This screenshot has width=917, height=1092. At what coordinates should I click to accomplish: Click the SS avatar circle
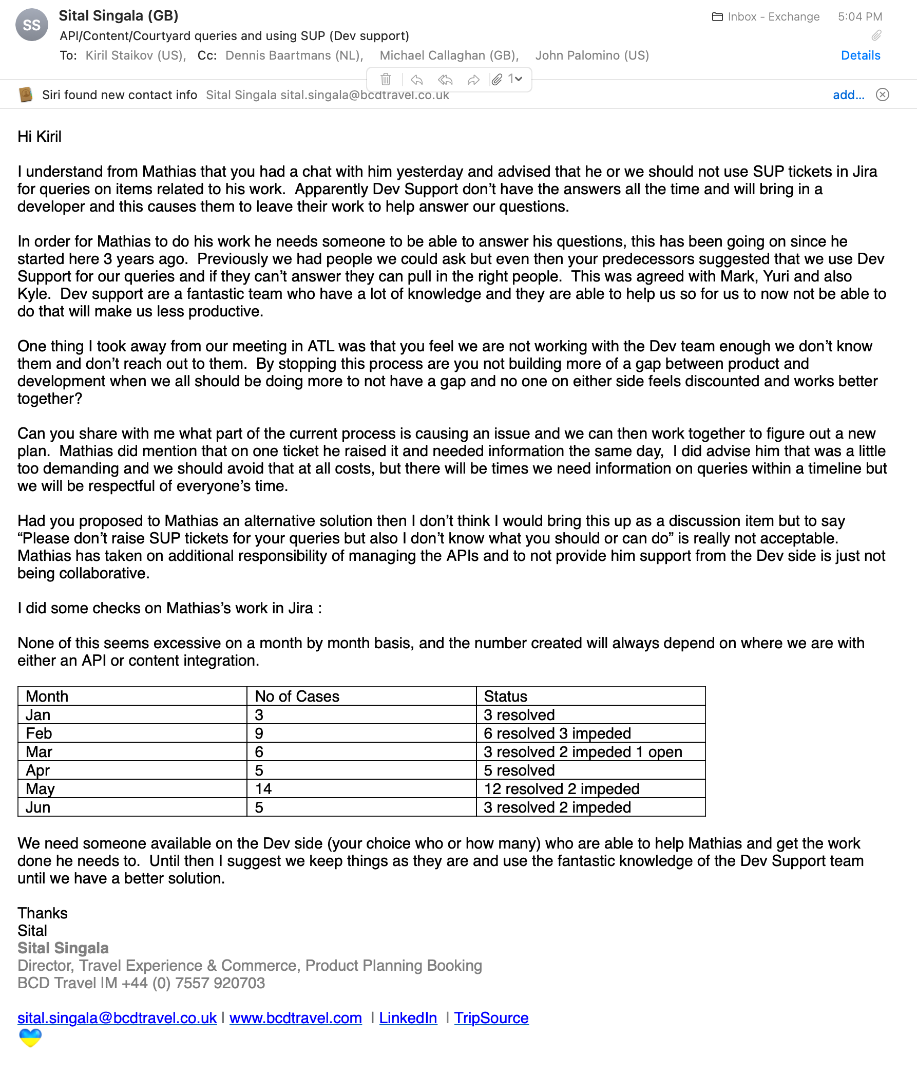click(32, 25)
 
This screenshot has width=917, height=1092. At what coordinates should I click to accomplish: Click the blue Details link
click(861, 55)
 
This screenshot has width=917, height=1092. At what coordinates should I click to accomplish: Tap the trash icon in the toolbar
click(386, 80)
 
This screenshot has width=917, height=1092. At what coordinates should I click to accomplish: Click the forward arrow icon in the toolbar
click(473, 80)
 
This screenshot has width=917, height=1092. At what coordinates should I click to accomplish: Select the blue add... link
click(848, 95)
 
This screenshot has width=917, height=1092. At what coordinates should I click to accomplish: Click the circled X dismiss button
click(882, 95)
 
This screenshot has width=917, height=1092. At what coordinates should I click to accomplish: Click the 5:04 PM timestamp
click(860, 16)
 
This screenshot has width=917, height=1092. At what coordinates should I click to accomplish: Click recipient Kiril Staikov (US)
click(135, 55)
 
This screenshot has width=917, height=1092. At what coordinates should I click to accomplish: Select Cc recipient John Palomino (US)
click(592, 55)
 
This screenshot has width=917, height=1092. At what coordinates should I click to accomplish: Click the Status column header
click(505, 696)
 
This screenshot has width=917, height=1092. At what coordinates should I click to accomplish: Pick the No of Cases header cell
click(297, 696)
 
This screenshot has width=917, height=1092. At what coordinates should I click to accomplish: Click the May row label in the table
click(40, 789)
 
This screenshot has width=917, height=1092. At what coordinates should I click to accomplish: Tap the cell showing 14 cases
click(263, 789)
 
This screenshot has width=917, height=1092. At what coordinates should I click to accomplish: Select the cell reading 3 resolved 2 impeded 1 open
click(583, 752)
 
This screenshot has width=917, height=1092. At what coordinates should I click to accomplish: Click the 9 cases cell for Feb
click(259, 733)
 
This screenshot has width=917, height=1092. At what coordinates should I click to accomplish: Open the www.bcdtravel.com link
click(295, 1018)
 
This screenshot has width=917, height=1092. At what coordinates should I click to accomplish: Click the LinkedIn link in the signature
click(408, 1018)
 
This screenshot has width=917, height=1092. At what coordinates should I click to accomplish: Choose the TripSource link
click(491, 1018)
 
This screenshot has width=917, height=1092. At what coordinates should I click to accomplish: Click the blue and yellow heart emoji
click(30, 1038)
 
